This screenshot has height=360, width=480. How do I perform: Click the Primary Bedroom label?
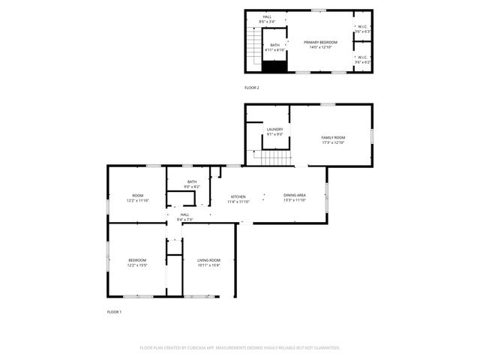320,42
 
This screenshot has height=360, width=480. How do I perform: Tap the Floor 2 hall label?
267,16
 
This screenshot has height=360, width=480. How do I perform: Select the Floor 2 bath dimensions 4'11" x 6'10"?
275,49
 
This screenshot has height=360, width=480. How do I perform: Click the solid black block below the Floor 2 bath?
275,66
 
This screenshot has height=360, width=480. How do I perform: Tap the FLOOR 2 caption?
252,88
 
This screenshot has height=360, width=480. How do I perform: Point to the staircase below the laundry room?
274,157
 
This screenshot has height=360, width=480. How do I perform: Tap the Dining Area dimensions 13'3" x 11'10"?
295,200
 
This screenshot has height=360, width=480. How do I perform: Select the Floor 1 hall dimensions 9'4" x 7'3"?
184,220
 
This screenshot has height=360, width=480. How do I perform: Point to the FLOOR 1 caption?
114,310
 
